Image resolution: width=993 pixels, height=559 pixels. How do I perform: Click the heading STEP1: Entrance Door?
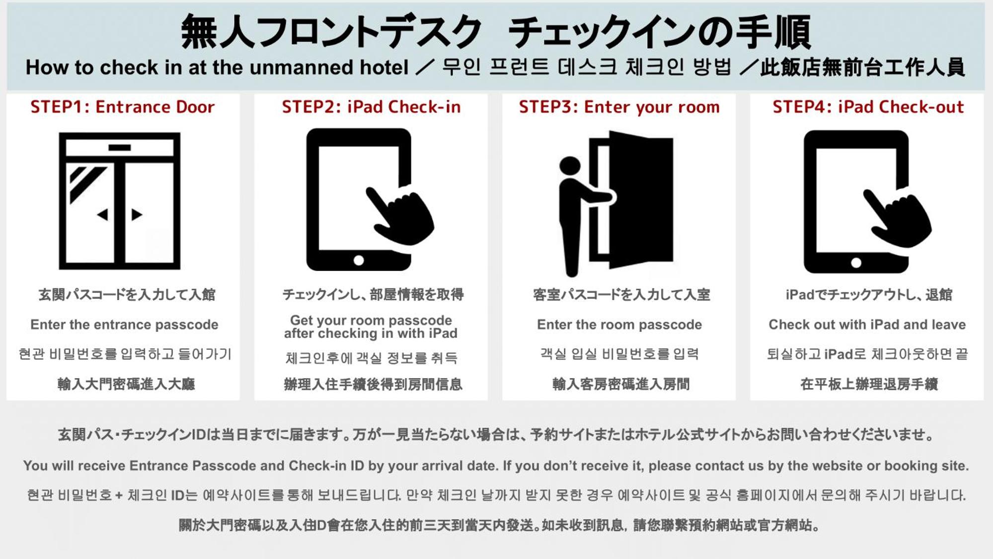tap(122, 107)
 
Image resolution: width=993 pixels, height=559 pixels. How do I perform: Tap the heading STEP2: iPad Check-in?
tap(371, 107)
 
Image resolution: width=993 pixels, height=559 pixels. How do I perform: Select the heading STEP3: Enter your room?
tap(619, 107)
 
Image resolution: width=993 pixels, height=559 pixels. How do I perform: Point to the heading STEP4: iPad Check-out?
tap(868, 107)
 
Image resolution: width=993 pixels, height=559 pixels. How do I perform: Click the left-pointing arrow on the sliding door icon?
tap(103, 215)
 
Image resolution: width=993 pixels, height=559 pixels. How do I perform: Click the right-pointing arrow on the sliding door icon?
tap(137, 215)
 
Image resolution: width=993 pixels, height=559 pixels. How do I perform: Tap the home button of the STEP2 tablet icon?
tap(359, 260)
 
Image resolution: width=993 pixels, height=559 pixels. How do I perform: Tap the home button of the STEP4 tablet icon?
tap(856, 262)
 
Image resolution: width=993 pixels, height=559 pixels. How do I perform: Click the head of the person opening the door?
tap(570, 166)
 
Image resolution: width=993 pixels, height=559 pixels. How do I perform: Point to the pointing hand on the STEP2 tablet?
tap(401, 215)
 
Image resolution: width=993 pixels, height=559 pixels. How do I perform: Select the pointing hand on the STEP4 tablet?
tap(898, 218)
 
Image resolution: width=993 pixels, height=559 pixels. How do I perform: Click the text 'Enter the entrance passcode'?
tap(124, 324)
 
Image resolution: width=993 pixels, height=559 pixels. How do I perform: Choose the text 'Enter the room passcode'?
tap(619, 324)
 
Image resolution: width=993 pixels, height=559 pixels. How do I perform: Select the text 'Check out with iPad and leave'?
tap(867, 324)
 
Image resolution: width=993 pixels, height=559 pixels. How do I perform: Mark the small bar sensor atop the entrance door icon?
tap(119, 148)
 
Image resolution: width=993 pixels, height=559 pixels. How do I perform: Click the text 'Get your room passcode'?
tap(371, 320)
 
